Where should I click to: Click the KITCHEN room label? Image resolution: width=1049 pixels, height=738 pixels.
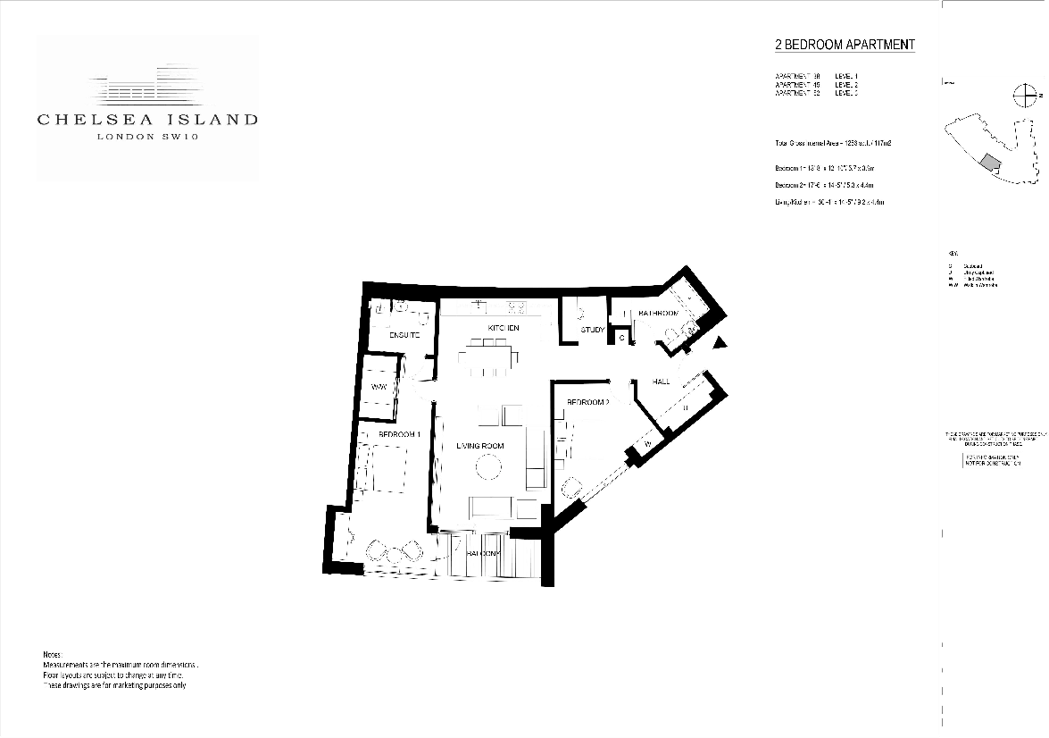pos(503,330)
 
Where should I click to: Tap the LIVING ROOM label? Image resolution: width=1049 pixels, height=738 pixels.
pos(480,446)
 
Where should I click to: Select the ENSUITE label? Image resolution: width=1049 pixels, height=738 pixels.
pos(404,335)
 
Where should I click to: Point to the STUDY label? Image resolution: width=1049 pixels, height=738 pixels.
pos(593,331)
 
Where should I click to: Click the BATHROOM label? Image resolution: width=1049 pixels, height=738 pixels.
pos(658,314)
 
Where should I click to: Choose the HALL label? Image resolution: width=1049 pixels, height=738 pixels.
pos(661,382)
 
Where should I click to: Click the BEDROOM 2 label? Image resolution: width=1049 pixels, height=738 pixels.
pos(587,403)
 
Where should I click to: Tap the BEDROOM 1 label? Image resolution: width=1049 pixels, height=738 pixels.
pos(399,434)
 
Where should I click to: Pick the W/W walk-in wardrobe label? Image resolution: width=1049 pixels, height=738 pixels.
pos(378,388)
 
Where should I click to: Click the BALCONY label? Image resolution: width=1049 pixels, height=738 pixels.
pos(485,554)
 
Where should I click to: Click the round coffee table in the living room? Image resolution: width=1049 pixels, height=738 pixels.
pos(488,467)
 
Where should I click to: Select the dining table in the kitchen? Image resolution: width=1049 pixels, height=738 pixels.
pos(487,359)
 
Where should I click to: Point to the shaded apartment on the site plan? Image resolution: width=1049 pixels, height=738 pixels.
pos(987,161)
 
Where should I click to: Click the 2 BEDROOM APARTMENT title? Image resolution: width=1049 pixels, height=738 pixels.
pos(845,45)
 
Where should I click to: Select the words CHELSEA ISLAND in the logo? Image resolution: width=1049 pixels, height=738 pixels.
pos(147,119)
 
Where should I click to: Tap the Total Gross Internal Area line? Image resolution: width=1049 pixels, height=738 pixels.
pos(834,143)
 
